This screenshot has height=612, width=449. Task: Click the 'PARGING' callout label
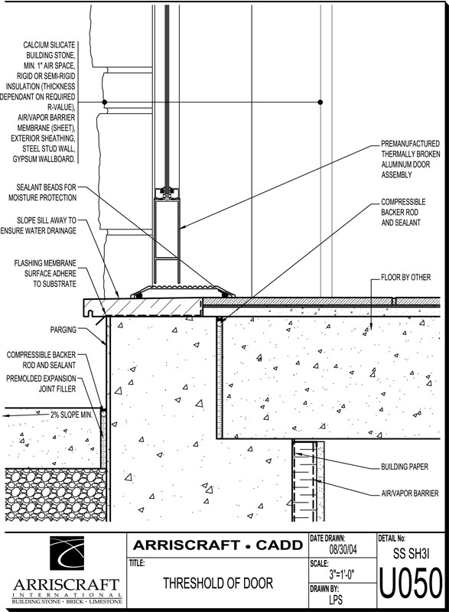click(63, 330)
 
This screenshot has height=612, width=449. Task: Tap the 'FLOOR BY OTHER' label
click(405, 278)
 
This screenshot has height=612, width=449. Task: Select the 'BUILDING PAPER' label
click(405, 467)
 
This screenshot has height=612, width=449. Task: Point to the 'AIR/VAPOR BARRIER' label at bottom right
click(409, 493)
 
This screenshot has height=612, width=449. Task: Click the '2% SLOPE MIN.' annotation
click(71, 415)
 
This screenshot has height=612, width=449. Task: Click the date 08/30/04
click(343, 550)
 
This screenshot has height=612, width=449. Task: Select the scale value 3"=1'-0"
click(341, 575)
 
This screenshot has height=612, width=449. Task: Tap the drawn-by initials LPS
click(336, 599)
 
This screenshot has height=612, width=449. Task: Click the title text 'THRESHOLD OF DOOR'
click(218, 583)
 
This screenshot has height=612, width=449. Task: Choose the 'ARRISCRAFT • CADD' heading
click(218, 545)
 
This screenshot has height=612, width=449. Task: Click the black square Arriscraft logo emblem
click(67, 553)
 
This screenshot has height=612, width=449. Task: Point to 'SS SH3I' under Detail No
click(412, 553)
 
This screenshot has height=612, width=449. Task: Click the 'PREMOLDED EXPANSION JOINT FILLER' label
click(41, 384)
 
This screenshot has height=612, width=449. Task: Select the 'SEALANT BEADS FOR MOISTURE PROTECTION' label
click(43, 193)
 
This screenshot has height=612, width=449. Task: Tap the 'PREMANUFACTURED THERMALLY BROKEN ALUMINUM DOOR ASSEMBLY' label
click(411, 159)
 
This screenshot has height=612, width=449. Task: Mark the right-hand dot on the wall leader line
click(320, 103)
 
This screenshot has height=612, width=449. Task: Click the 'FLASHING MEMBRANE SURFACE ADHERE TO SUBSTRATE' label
click(45, 274)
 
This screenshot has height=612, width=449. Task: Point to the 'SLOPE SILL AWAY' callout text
click(47, 220)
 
